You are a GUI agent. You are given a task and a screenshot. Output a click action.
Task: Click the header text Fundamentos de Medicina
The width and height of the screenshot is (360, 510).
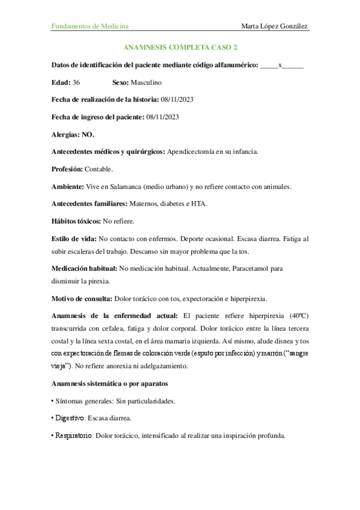tap(90, 26)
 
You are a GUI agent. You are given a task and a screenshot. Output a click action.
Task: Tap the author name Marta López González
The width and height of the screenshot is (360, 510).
tap(275, 26)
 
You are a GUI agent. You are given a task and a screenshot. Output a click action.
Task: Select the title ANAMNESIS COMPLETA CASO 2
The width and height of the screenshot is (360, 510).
tap(180, 47)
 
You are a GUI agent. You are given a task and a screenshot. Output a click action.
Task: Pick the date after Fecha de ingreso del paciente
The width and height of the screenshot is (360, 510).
tap(162, 117)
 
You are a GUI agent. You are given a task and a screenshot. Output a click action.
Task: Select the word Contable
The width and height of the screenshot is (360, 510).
tap(99, 169)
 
